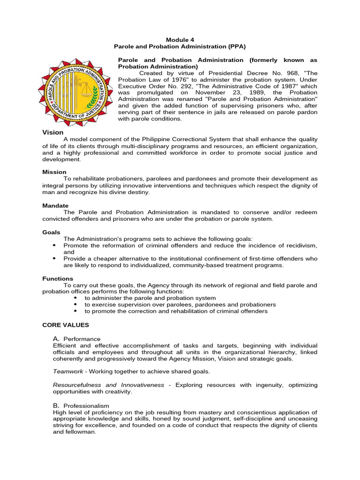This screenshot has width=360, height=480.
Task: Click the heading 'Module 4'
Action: click(180, 40)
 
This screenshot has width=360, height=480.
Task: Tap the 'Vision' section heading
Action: click(53, 133)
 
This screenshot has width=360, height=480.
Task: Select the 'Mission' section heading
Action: click(54, 172)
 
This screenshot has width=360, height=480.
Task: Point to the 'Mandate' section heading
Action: click(55, 206)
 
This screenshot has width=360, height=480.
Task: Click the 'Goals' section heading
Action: click(52, 232)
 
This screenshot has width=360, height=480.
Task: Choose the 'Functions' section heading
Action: click(58, 278)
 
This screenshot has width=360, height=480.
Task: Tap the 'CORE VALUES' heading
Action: click(66, 324)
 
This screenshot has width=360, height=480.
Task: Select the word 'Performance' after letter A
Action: click(82, 339)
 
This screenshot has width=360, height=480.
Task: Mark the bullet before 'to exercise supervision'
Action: click(76, 305)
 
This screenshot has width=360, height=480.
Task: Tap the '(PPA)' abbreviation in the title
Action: click(236, 47)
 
